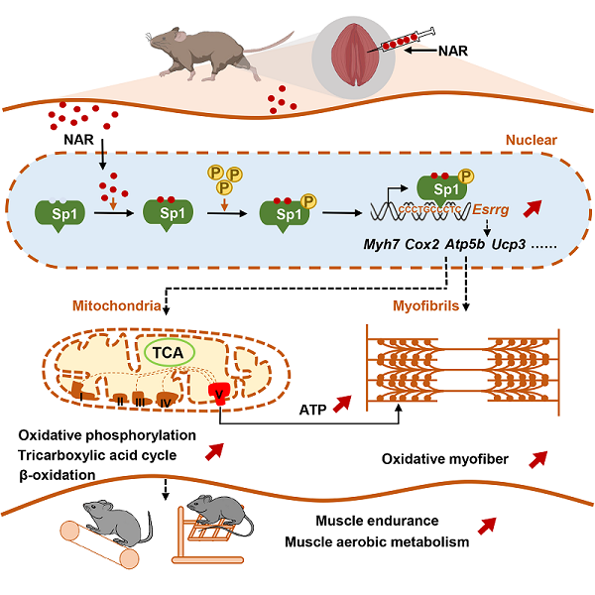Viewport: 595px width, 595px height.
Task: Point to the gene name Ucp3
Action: click(x=512, y=245)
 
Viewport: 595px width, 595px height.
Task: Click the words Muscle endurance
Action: click(x=376, y=523)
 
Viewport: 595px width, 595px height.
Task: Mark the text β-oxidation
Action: click(x=57, y=475)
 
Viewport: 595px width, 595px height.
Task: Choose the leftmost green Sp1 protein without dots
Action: click(x=59, y=213)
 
